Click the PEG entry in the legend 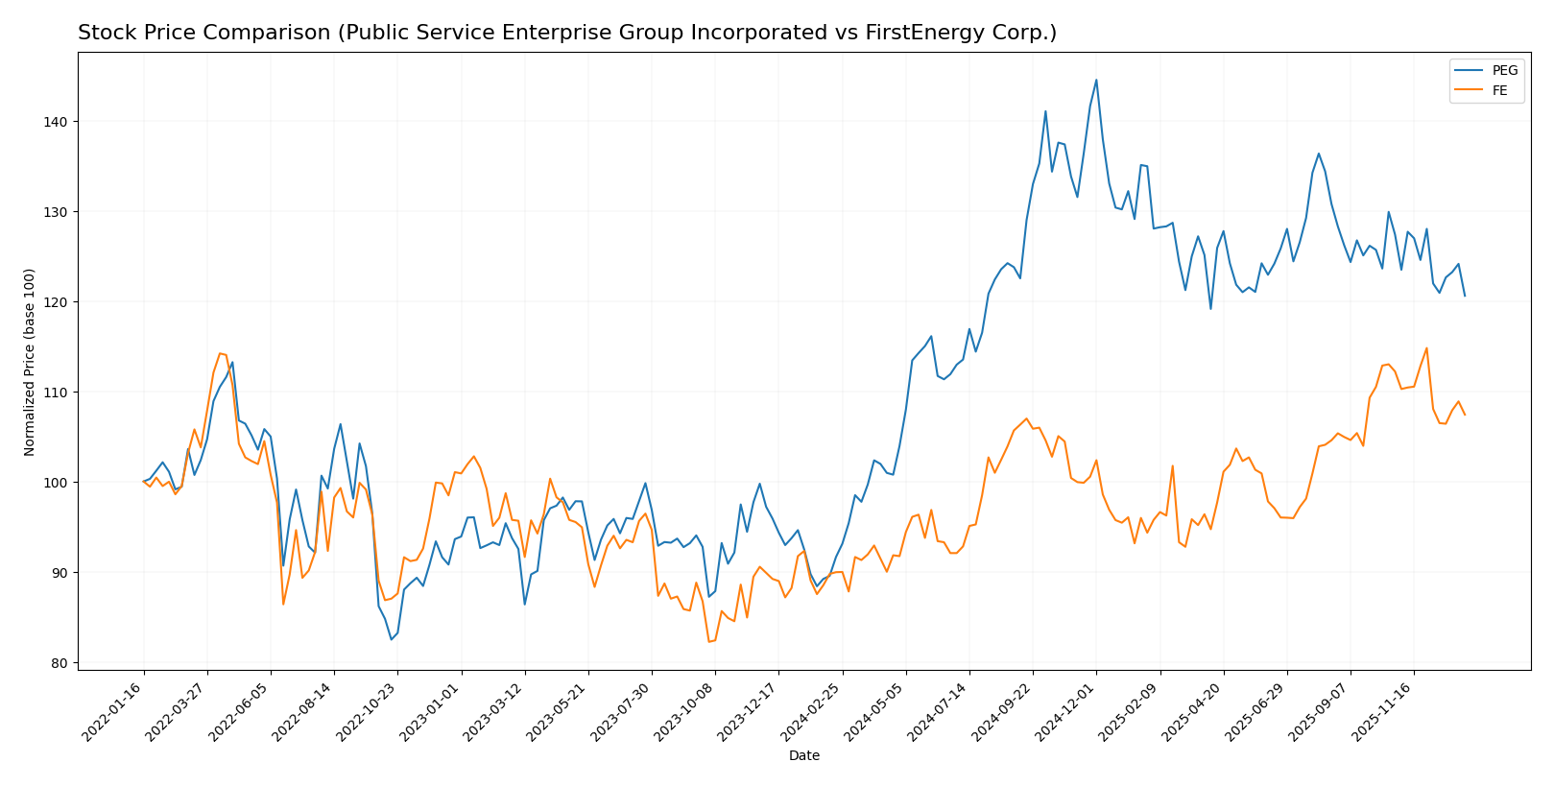coord(1504,70)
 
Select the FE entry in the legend coord(1499,91)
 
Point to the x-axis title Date coord(804,756)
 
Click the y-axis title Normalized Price coord(30,362)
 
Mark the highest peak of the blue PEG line coord(1096,80)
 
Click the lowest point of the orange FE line coord(709,641)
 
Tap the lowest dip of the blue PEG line coord(391,639)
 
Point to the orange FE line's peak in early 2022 coord(220,353)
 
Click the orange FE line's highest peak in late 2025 coord(1426,348)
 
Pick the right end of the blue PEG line coord(1465,296)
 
